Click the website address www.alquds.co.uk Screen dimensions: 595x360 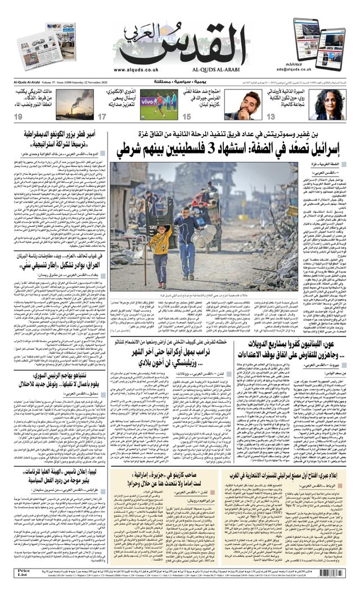coord(136,69)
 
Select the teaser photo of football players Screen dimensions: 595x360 coord(158,103)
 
